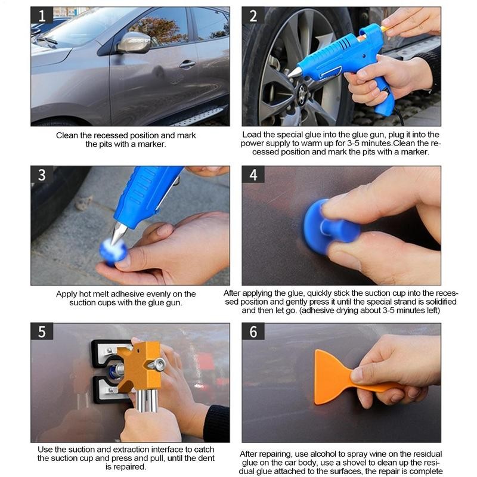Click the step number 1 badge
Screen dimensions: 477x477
click(42, 16)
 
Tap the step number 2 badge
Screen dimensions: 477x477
click(253, 16)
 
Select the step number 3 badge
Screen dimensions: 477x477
click(42, 175)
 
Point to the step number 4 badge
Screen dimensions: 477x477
click(253, 175)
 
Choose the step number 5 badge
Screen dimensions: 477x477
click(42, 332)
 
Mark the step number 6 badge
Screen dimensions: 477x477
click(253, 332)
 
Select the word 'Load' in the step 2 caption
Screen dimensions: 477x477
click(253, 135)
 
